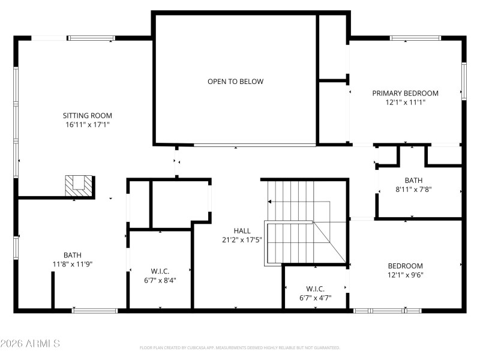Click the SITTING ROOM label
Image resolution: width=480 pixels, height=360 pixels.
coord(88,115)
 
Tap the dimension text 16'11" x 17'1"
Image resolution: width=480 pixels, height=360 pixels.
coord(88,125)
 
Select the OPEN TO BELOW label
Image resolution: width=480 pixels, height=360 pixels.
coord(235,82)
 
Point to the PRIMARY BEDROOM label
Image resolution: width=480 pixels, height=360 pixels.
coord(405,93)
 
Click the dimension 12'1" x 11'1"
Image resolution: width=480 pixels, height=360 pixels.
coord(405,103)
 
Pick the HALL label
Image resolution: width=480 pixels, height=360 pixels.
coord(242,230)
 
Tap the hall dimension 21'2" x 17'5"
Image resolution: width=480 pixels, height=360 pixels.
coord(242,240)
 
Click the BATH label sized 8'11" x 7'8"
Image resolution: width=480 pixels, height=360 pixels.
coord(413,180)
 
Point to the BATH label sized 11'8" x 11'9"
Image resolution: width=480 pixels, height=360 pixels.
coord(73,254)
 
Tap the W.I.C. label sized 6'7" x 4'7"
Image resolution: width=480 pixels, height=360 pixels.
coord(315,289)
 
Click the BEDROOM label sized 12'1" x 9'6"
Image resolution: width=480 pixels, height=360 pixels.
coord(405,266)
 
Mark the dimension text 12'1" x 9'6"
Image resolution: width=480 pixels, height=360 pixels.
coord(405,275)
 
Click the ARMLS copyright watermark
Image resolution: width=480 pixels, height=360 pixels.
coord(30,344)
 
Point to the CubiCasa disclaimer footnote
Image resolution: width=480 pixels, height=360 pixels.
coord(240,347)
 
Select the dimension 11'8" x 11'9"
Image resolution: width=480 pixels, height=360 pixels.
coord(73,264)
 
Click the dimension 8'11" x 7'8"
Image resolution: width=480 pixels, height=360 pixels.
coord(413,190)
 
